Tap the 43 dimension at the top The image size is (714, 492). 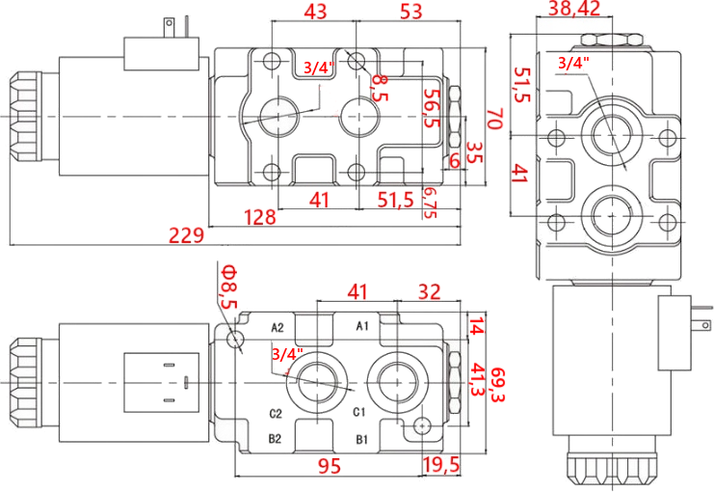coord(315,12)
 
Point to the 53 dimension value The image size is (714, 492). coord(410,12)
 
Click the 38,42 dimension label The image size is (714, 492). coord(573,10)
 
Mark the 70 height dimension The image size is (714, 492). coord(494,120)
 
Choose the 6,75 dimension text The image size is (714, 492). coord(430,203)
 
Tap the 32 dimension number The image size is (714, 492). coord(429,290)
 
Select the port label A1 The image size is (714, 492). coord(363,326)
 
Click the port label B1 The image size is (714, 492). coord(363,440)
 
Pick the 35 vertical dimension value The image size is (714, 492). coord(473,152)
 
